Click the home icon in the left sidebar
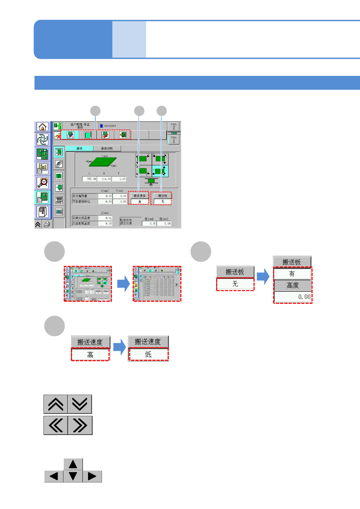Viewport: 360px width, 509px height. pyautogui.click(x=42, y=127)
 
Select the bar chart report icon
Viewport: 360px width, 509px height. pyautogui.click(x=42, y=169)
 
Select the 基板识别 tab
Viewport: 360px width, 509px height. pyautogui.click(x=107, y=148)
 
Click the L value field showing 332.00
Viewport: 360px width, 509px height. pyautogui.click(x=90, y=179)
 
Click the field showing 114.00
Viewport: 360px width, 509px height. pyautogui.click(x=104, y=179)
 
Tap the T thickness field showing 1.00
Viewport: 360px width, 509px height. pyautogui.click(x=119, y=179)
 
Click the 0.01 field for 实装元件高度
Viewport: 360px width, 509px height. pyautogui.click(x=105, y=218)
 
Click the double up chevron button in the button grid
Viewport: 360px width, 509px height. pyautogui.click(x=56, y=404)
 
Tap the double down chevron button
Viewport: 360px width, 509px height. pyautogui.click(x=80, y=404)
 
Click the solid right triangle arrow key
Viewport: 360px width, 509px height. pyautogui.click(x=92, y=476)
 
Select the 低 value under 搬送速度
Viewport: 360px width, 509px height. pyautogui.click(x=148, y=355)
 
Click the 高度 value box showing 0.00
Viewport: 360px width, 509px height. pyautogui.click(x=293, y=297)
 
